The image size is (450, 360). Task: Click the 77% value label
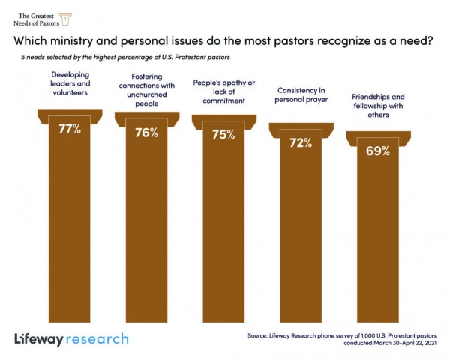tap(70, 129)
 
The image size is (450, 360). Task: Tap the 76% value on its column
tap(146, 133)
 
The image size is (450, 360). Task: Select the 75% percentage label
tap(223, 136)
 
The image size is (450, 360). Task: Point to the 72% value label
tap(300, 143)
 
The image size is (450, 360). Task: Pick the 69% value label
tap(377, 151)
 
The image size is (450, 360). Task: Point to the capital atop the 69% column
tap(377, 136)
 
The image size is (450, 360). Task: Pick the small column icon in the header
tap(65, 18)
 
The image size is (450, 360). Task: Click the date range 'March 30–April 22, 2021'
tap(398, 343)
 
